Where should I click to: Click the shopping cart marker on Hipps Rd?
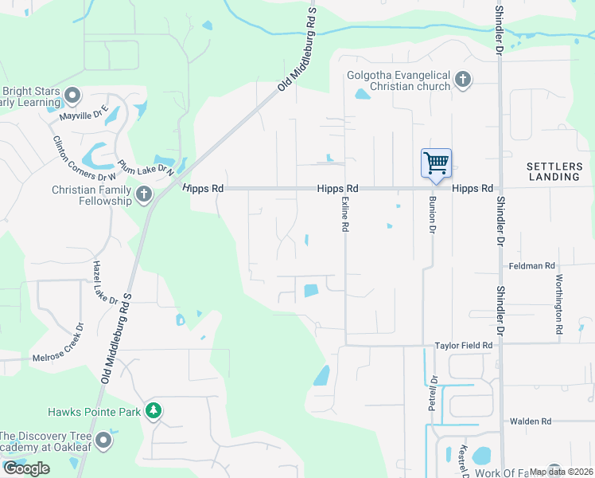point(436,163)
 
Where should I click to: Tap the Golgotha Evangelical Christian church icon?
point(462,80)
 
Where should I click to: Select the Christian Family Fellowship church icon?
point(144,194)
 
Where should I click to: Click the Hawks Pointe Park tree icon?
point(154,411)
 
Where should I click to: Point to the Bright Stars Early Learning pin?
point(72,96)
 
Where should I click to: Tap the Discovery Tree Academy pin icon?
point(103,441)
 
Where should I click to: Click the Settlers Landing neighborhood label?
point(553,171)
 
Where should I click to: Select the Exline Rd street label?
point(344,214)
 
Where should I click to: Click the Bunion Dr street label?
point(433,214)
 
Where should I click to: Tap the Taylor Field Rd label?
point(464,346)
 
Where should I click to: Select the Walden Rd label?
point(531,421)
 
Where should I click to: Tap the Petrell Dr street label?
point(434,393)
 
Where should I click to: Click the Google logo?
point(27,468)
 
